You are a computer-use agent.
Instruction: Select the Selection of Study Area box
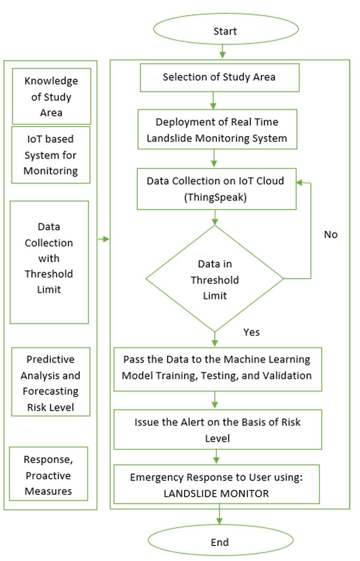(219, 77)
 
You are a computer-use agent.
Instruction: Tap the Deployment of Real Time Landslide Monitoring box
(217, 129)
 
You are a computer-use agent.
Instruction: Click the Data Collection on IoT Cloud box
(216, 189)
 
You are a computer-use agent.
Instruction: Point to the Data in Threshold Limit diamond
(215, 279)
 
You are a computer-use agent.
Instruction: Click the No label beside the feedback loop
(330, 234)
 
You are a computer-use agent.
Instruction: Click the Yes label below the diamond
(251, 332)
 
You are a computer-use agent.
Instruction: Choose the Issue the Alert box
(217, 429)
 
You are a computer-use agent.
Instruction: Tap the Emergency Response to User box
(216, 484)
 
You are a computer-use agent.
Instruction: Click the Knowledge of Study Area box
(51, 96)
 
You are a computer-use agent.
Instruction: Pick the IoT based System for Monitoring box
(51, 155)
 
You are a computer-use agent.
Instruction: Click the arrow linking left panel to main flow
(104, 239)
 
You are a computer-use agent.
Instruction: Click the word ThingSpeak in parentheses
(215, 197)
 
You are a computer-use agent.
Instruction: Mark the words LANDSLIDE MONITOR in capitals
(216, 494)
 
